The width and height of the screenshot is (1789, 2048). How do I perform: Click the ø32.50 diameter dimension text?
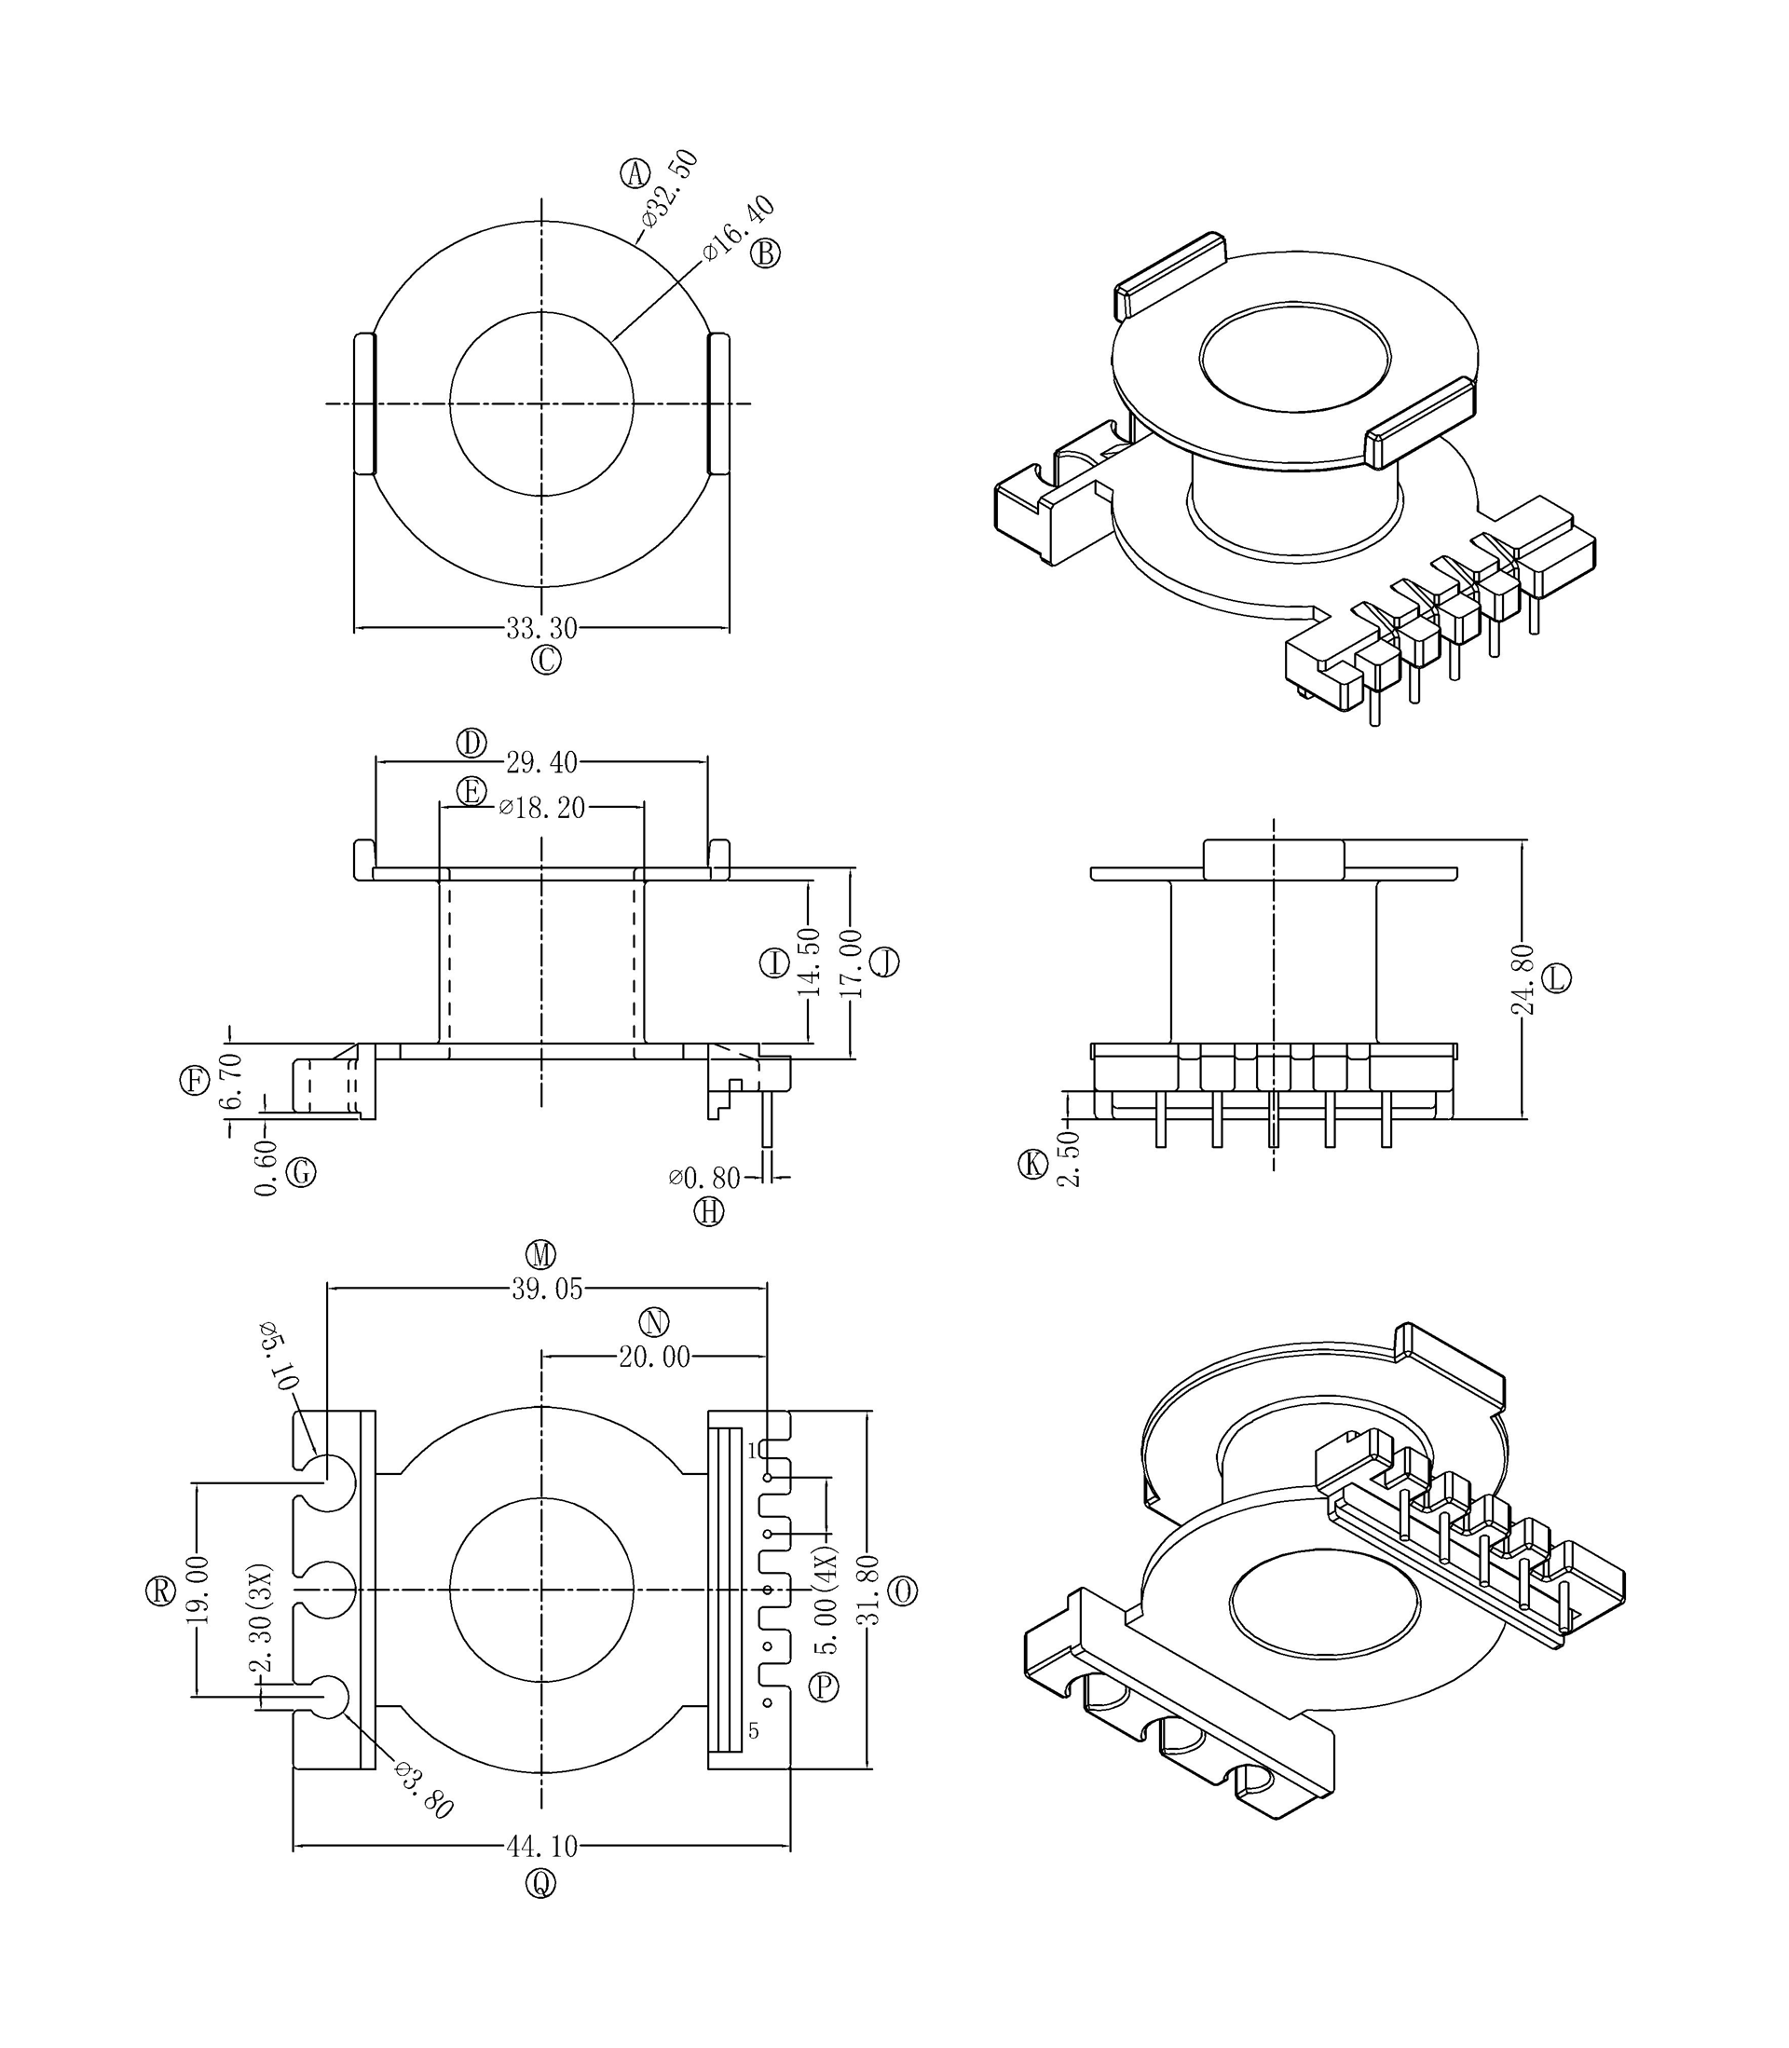670,190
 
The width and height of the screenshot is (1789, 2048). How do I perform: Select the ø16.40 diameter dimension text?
738,228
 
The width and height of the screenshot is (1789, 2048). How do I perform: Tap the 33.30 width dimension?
541,629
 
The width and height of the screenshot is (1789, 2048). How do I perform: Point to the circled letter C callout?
546,660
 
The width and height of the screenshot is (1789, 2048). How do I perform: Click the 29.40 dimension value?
541,762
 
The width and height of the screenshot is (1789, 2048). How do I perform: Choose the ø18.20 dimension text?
541,808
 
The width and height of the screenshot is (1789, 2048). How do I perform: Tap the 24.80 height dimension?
1522,979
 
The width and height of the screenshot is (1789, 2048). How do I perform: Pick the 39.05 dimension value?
547,1290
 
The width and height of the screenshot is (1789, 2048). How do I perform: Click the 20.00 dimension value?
654,1358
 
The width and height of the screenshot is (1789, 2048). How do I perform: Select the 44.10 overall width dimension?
541,1848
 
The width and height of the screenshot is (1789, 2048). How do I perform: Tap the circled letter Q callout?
541,1883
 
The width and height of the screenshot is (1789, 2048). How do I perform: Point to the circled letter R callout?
160,1591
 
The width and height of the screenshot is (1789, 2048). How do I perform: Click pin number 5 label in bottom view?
754,1730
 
